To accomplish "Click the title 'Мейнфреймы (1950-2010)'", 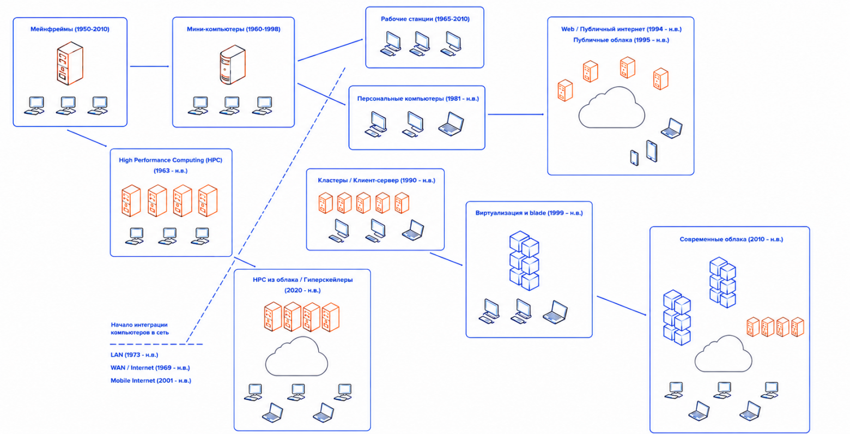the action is tap(70, 29).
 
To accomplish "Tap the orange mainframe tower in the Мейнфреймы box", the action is tap(70, 63).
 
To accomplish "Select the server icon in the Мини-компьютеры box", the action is tap(233, 64).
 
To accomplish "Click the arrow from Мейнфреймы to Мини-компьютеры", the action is tap(149, 67).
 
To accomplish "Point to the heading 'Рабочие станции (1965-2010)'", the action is tap(425, 19).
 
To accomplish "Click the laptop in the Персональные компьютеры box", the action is tap(451, 124).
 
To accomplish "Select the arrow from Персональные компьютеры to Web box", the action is tap(515, 114).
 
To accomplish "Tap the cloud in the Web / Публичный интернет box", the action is tap(611, 107).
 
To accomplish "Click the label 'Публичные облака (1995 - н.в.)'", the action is tap(621, 40).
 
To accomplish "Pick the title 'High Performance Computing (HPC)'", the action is tap(171, 160).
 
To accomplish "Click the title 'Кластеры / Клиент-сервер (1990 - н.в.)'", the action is tap(377, 180).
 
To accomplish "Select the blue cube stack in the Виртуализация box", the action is tap(524, 261).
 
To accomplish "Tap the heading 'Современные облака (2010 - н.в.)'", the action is tap(731, 239).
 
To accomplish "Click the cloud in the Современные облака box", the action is tap(723, 354).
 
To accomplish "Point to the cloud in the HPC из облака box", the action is tap(296, 357).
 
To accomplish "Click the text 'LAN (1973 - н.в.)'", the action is tap(135, 355).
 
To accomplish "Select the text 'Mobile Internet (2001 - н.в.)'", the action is tap(150, 381).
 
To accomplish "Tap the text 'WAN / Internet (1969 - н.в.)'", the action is tap(150, 367).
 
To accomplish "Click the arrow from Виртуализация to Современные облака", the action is tap(622, 306).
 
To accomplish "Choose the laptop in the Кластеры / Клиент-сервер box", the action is tap(413, 230).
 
